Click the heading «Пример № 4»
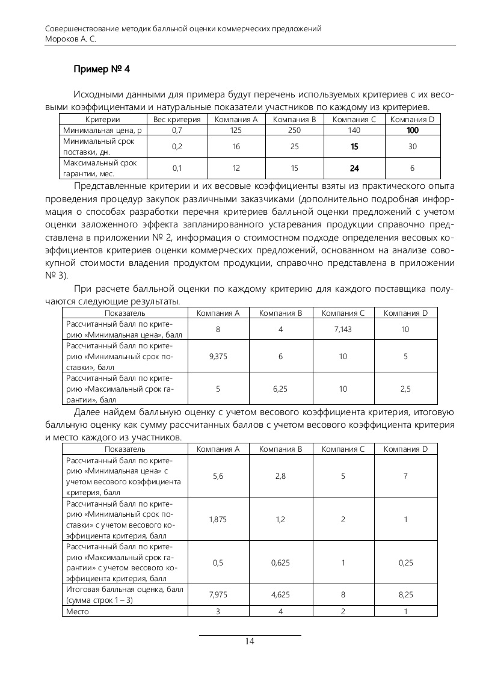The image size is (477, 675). pos(101,69)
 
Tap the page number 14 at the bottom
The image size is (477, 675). pos(250,641)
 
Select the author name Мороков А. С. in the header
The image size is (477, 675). pos(71,39)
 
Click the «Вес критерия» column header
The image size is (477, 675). pos(177,120)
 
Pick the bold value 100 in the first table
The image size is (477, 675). pos(413,130)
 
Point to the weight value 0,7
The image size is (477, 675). pos(177,130)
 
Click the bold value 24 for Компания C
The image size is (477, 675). pos(354,168)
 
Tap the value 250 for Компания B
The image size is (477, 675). pos(295,130)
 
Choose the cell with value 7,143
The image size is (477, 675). pos(343,330)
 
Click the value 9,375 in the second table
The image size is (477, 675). pos(218,356)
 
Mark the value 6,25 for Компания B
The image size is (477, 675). pos(280,389)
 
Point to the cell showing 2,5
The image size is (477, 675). pos(405,389)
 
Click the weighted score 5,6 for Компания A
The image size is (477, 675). pos(218,476)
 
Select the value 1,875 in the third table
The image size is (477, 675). pos(218,520)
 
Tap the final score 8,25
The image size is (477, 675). pos(405,595)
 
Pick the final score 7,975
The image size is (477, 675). pos(218,595)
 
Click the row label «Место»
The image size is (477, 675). pos(77,611)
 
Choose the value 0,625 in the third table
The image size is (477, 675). pos(280,562)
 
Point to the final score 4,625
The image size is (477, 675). pos(280,595)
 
